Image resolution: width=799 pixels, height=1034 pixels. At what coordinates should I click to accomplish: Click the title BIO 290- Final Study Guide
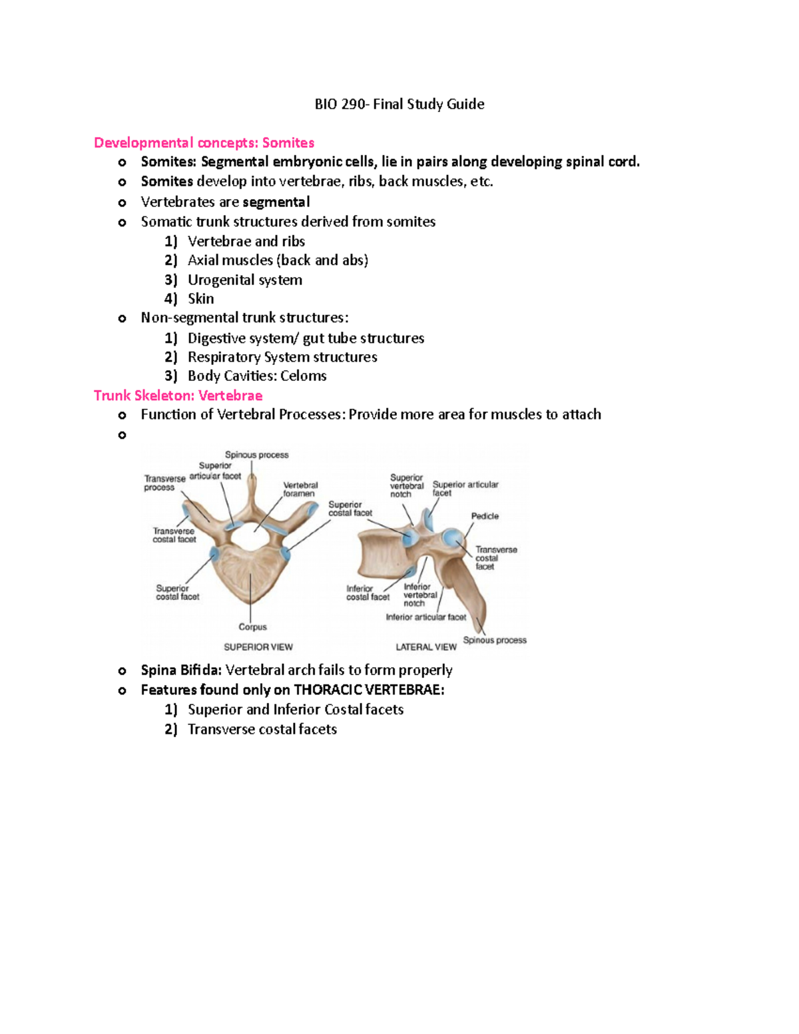[x=400, y=104]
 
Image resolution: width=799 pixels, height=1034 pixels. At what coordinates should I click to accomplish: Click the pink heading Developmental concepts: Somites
[x=204, y=142]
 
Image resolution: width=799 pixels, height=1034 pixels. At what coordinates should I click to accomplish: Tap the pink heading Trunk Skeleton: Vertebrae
[x=178, y=395]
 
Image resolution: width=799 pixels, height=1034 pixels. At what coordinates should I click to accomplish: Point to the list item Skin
[x=200, y=299]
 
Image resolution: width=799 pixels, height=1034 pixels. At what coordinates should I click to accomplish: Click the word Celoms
[x=303, y=376]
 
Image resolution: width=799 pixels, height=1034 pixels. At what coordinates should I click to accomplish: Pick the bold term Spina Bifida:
[x=180, y=670]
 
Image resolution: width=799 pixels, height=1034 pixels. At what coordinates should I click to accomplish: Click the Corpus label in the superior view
[x=252, y=627]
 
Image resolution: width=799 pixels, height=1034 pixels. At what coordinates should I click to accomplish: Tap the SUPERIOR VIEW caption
[x=258, y=647]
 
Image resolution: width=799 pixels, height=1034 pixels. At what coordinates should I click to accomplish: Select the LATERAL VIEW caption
[x=426, y=647]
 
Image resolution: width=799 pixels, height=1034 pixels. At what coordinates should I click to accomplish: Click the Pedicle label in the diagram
[x=485, y=516]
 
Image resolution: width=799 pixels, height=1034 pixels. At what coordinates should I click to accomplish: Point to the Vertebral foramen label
[x=300, y=489]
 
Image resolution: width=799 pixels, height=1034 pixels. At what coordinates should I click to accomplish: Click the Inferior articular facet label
[x=426, y=617]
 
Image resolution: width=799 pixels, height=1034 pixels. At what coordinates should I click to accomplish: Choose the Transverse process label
[x=164, y=483]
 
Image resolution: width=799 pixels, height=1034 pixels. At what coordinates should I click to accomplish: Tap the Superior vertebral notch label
[x=406, y=486]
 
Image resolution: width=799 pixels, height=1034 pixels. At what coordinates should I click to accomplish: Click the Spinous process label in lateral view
[x=495, y=640]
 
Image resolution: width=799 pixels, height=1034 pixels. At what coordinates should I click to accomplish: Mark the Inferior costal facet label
[x=368, y=593]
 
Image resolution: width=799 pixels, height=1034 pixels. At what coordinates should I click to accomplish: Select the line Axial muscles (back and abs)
[x=278, y=260]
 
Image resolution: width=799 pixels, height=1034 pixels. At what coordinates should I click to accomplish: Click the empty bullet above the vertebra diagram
[x=122, y=435]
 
